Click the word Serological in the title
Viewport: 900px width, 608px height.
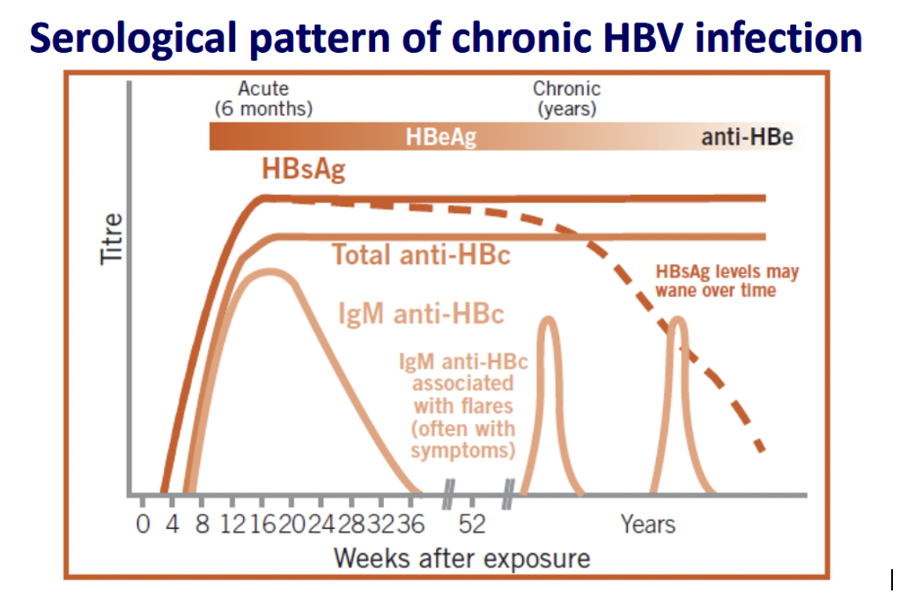tap(133, 39)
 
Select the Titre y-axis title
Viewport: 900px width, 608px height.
tap(111, 239)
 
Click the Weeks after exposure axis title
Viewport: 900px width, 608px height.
tap(462, 558)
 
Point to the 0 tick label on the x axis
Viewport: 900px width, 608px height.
tap(143, 524)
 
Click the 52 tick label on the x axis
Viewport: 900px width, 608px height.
tap(472, 524)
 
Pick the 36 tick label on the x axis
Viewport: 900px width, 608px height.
tap(410, 524)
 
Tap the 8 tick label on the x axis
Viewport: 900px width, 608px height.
tap(203, 524)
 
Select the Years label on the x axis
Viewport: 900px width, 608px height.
tap(648, 524)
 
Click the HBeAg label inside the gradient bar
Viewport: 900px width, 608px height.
tap(441, 137)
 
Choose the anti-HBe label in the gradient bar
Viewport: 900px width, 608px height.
tap(748, 137)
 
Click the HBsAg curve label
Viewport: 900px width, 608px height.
tap(304, 169)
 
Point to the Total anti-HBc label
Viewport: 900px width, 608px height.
tap(421, 255)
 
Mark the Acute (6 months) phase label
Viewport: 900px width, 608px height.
tap(263, 99)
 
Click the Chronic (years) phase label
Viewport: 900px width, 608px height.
tap(566, 99)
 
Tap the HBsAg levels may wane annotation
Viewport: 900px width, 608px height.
tap(727, 281)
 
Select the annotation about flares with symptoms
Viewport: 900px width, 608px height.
tap(463, 406)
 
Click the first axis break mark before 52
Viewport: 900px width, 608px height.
tap(447, 494)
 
